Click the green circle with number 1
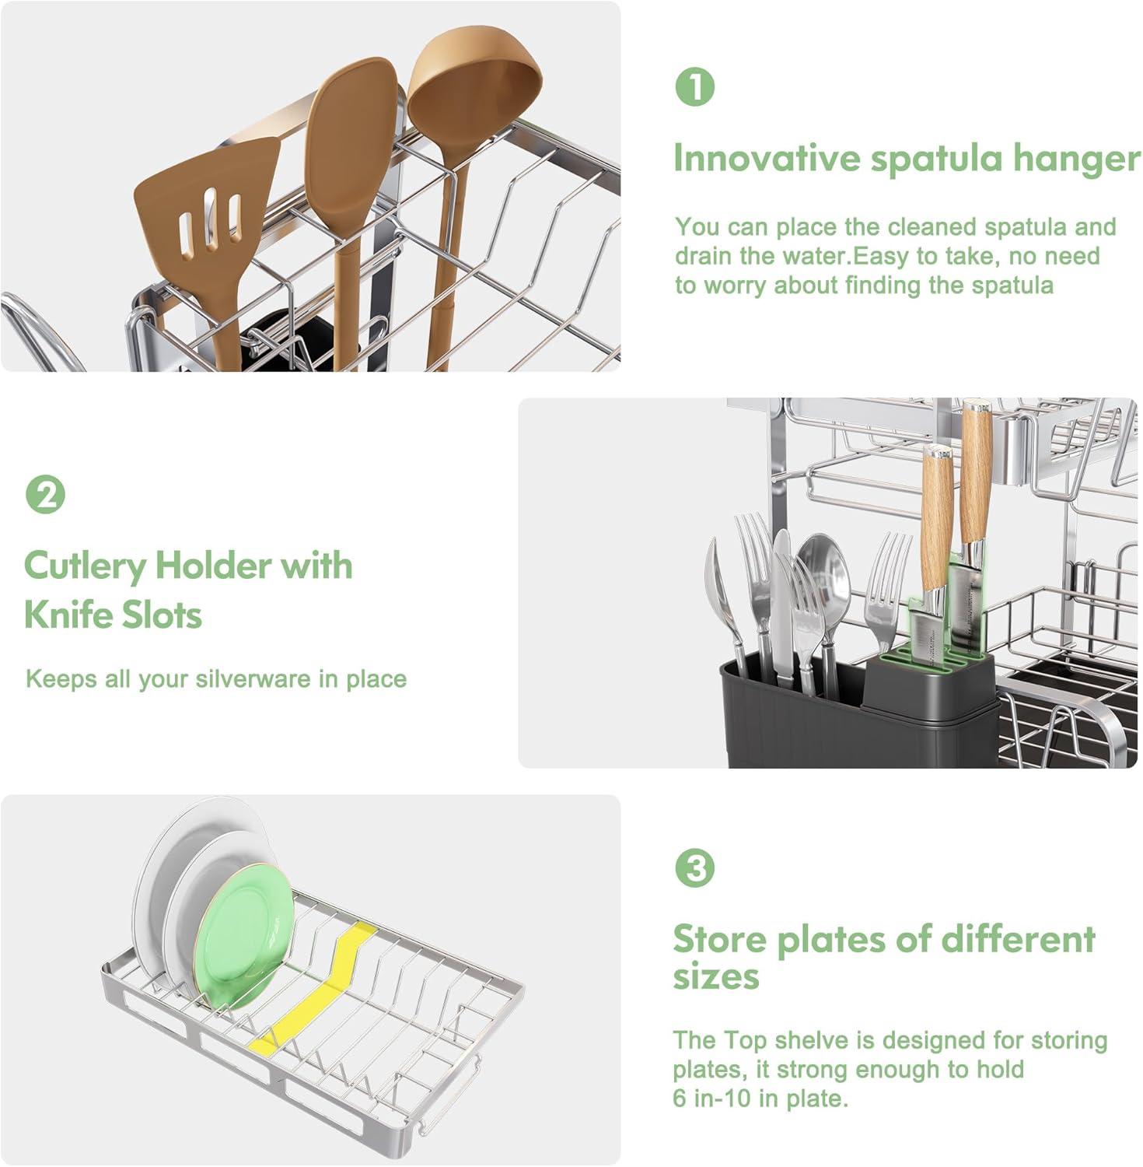(x=694, y=87)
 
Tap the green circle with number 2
(x=45, y=494)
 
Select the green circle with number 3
(x=694, y=867)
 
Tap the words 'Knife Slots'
(x=113, y=615)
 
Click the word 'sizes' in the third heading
(x=715, y=976)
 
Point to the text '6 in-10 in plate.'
(x=760, y=1098)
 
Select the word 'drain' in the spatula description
(x=701, y=256)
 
